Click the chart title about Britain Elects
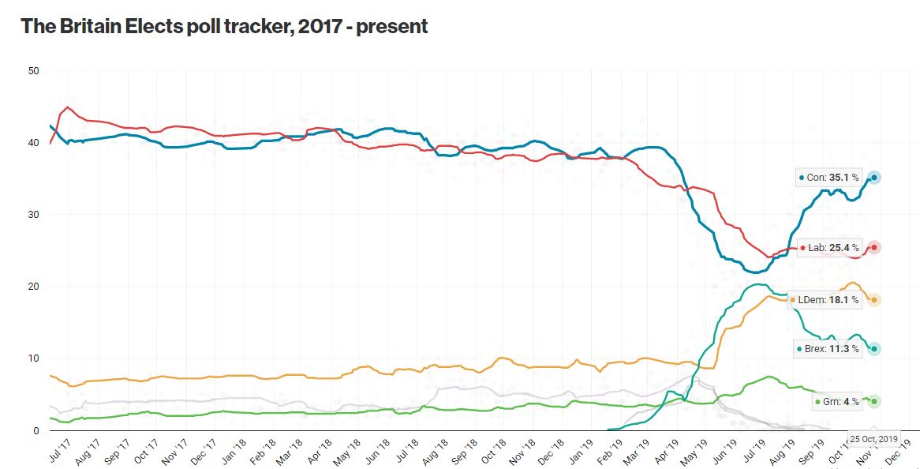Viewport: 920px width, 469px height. coord(224,26)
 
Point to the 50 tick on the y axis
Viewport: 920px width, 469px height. coord(34,71)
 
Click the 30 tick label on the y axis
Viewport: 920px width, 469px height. coord(34,215)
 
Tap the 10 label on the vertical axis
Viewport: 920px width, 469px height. coord(34,358)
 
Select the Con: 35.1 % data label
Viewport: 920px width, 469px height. coord(828,178)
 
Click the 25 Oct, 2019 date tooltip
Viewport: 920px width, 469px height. coord(873,439)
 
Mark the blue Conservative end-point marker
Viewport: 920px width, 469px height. coord(874,178)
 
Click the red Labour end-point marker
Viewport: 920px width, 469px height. coord(874,248)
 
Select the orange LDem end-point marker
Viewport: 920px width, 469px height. coord(874,300)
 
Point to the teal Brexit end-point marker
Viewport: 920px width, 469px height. coord(874,349)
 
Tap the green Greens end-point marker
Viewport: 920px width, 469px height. coord(874,401)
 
